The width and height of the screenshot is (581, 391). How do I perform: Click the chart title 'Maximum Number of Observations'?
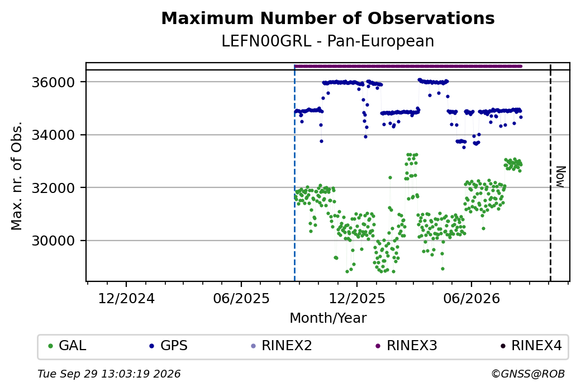328,18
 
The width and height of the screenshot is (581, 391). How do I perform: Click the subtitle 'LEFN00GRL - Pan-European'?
328,41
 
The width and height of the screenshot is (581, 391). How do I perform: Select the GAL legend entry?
68,345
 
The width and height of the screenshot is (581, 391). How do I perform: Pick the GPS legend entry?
168,345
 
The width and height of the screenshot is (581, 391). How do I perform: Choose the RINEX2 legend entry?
281,345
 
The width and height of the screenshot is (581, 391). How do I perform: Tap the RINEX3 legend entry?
407,345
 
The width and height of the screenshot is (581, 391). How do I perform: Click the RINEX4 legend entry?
531,345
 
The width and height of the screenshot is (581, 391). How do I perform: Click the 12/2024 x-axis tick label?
126,298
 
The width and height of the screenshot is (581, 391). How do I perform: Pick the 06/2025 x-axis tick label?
241,298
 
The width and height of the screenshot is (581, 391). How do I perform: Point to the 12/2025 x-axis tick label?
357,298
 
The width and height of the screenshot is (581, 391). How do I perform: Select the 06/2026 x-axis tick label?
472,298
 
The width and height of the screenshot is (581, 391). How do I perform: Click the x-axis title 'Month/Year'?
328,318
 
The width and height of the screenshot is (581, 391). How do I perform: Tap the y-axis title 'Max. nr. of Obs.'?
17,176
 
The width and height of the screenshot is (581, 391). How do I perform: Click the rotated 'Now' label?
561,177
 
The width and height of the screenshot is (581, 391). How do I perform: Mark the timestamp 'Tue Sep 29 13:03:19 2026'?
109,374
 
